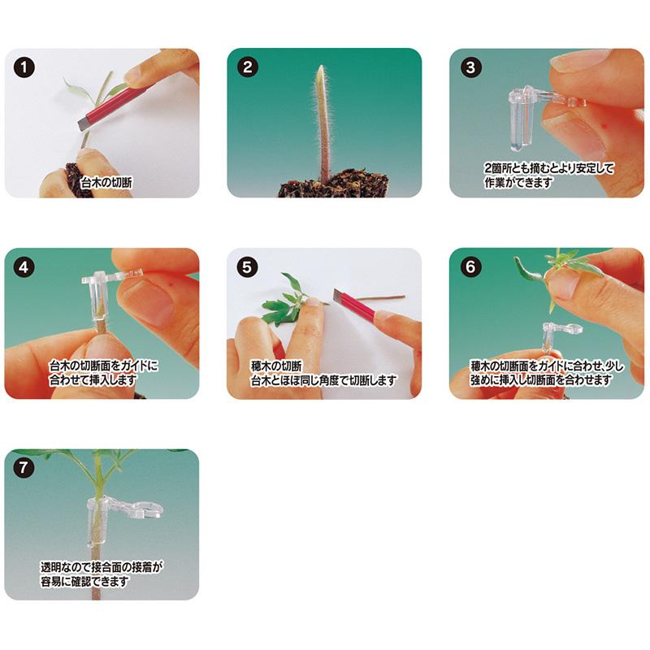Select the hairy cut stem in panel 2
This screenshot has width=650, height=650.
(323, 122)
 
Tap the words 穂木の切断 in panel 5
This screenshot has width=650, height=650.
(277, 365)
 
